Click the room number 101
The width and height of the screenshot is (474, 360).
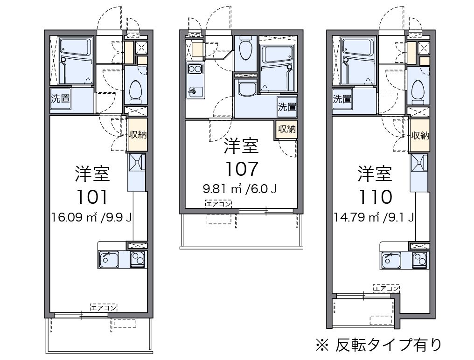point(92,197)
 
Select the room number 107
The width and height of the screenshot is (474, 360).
point(242,169)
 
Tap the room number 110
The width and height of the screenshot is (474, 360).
point(375,197)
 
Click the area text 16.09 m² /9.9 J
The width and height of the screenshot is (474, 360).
point(91,217)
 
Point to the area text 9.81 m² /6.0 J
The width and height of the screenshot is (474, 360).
point(239,189)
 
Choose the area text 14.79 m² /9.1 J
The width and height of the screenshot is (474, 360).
point(374,217)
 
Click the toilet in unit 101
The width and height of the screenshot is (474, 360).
point(135,90)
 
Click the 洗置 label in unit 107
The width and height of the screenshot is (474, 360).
point(287,106)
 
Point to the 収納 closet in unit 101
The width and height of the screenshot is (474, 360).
point(138,134)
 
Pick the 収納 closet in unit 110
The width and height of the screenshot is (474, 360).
point(420,135)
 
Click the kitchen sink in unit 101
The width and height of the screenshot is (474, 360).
point(109,259)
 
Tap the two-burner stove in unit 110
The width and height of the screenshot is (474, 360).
point(420,260)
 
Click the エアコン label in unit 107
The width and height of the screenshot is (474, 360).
point(218,204)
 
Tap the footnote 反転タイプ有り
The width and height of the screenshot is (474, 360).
point(389,345)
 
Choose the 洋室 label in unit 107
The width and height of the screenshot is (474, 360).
point(241,145)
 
